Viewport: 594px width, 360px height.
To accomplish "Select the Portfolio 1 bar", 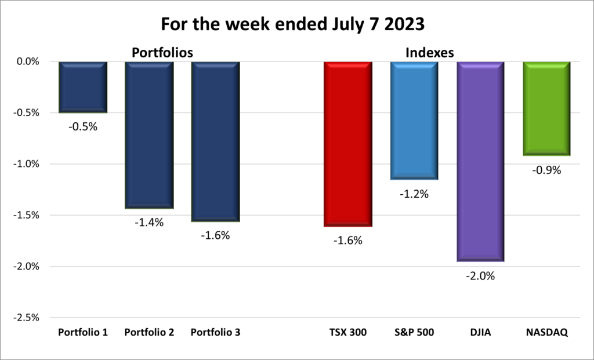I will point(83,87).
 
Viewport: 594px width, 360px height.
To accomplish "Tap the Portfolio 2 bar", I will point(149,134).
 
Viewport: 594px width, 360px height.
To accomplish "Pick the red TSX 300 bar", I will point(347,144).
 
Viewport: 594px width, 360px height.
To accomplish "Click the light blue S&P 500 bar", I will point(414,121).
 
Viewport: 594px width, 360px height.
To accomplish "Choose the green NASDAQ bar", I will point(546,108).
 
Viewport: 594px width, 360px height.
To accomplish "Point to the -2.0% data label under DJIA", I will point(481,277).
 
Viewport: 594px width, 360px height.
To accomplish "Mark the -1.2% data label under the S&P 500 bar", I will point(414,194).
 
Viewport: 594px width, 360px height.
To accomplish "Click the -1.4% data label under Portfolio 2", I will point(150,223).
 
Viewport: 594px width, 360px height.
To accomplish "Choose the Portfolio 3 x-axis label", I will point(215,333).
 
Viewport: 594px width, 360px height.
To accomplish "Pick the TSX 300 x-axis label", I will point(348,333).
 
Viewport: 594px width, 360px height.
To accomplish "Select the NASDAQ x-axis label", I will point(546,333).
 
